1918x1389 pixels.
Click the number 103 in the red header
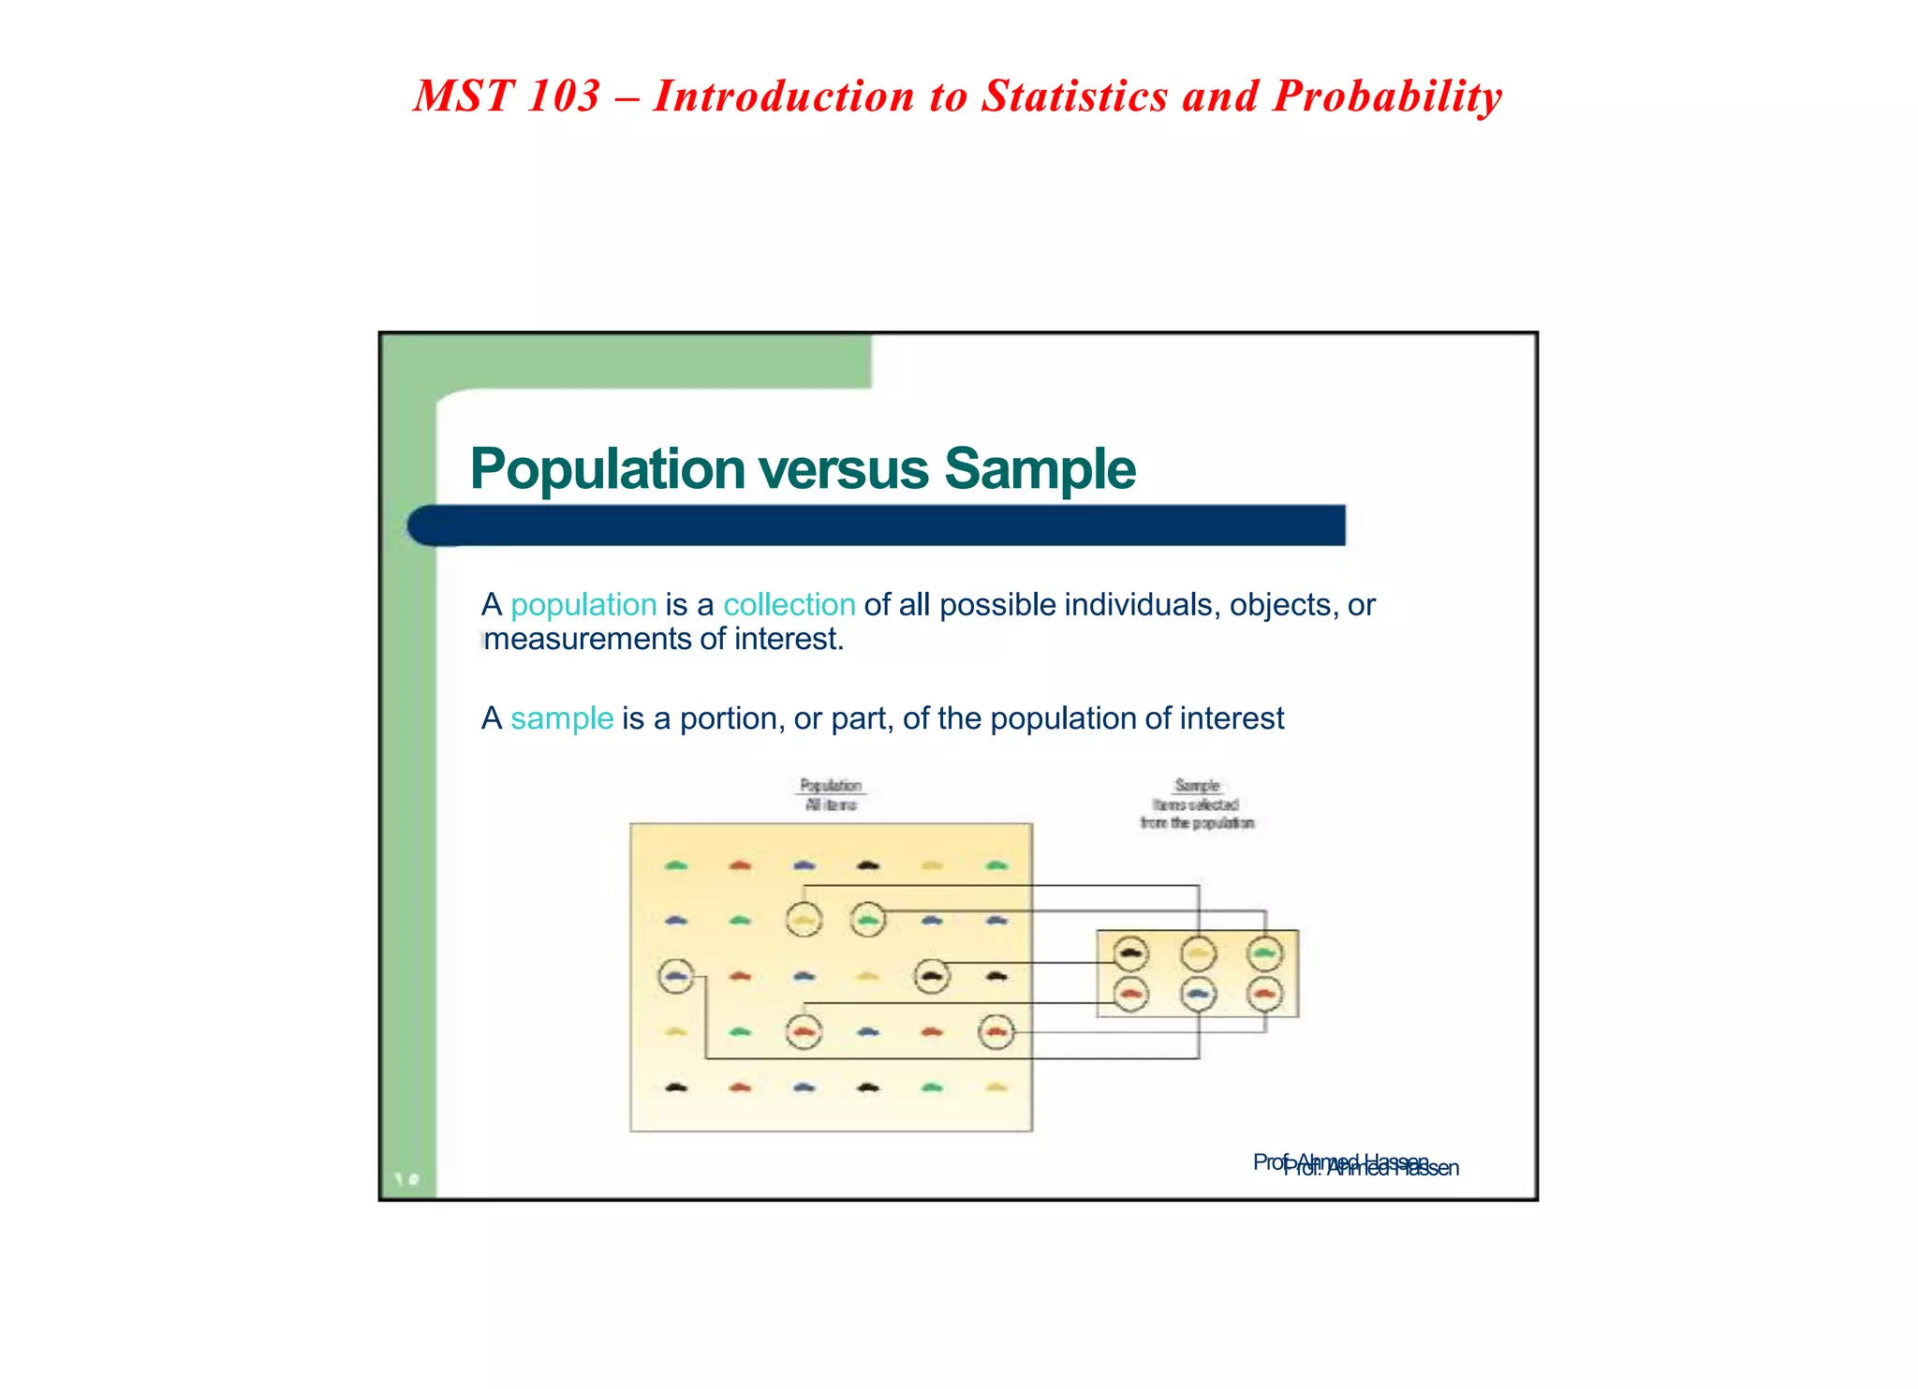563,96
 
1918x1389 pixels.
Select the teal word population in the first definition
583,606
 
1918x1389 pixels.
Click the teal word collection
789,605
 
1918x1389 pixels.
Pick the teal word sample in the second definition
562,718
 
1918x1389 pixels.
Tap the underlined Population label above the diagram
831,785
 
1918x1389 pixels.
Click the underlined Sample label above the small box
1197,785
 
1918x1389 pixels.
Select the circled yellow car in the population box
804,920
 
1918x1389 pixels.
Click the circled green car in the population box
868,920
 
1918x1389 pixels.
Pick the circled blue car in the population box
676,976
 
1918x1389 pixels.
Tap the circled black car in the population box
931,976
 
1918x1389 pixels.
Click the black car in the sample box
1131,953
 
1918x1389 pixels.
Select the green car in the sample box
1265,953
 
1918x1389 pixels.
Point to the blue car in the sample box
1199,993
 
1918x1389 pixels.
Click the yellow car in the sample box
1199,953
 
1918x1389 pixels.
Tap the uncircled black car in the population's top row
868,864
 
